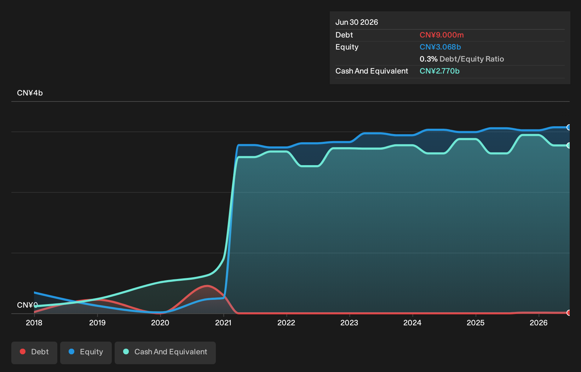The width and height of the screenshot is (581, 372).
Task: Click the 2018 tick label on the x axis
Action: (x=34, y=323)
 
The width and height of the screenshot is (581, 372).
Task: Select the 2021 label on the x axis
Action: (x=223, y=323)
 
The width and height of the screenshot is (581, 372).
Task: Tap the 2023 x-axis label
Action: (x=349, y=323)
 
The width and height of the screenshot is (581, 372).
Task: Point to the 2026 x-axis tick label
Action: (x=539, y=323)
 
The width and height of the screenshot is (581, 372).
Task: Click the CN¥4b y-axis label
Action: (x=30, y=93)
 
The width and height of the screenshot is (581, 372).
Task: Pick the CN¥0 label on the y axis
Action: (x=28, y=305)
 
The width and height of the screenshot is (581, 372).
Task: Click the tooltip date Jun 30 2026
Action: (x=357, y=22)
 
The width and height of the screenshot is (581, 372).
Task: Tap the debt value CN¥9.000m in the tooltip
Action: (x=442, y=35)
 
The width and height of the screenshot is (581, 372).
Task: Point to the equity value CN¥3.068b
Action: (x=440, y=47)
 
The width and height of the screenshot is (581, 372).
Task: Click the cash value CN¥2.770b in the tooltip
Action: (x=439, y=71)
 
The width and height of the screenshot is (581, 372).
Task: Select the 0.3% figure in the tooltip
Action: (x=428, y=59)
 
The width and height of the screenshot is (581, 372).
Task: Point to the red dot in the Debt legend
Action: (x=23, y=351)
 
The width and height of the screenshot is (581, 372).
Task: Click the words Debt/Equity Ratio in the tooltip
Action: (x=472, y=59)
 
